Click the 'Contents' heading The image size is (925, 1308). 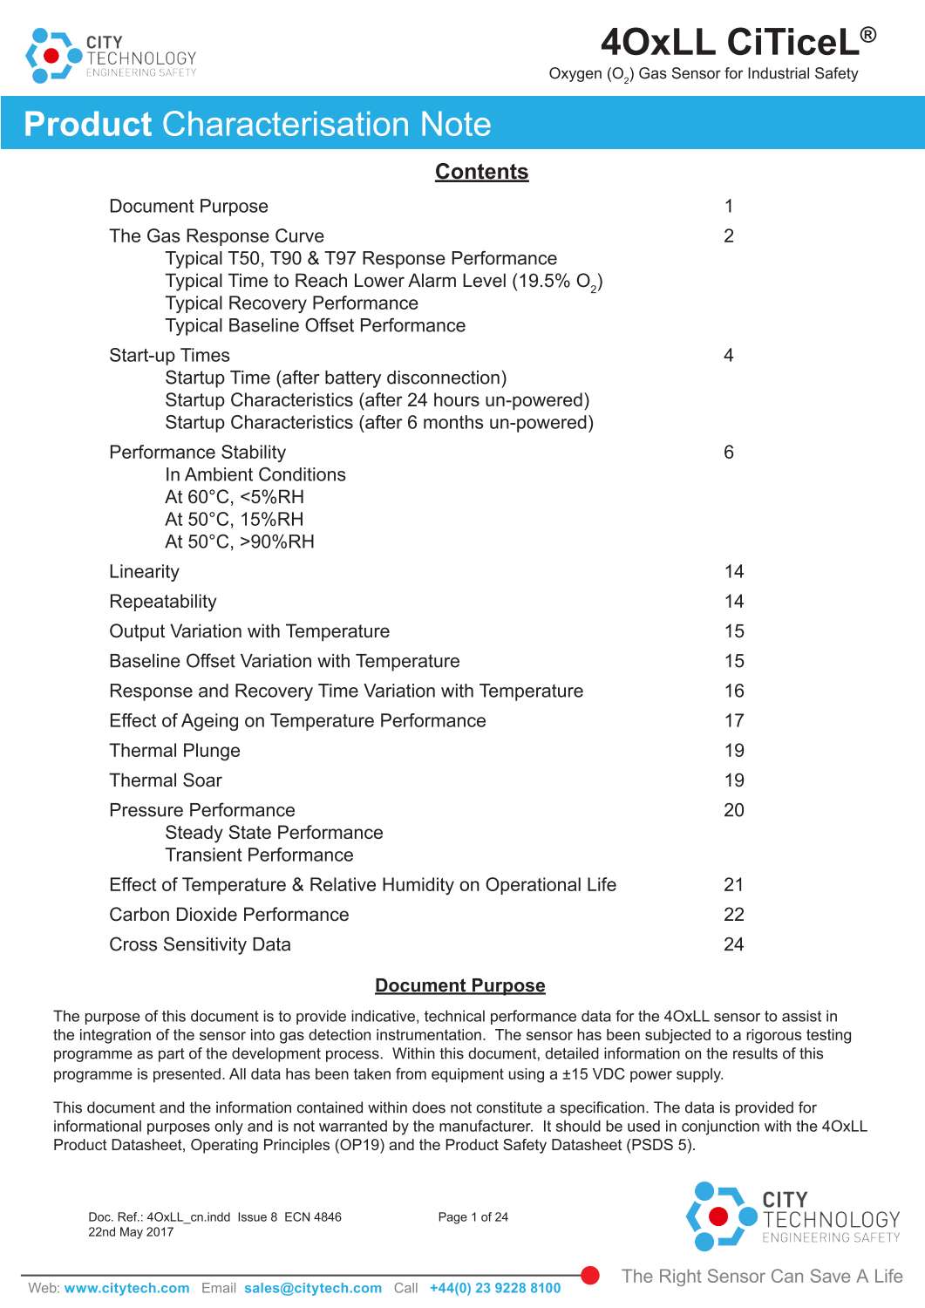481,172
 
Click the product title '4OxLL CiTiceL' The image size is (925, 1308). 729,42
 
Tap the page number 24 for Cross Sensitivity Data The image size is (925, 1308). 733,944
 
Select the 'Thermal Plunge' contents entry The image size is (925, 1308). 174,751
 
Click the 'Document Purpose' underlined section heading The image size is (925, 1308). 459,985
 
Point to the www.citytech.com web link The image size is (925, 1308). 126,1288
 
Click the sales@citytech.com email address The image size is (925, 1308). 312,1288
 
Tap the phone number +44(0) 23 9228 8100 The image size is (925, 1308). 494,1288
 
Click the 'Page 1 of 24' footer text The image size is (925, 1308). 473,1217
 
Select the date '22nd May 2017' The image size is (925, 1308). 131,1232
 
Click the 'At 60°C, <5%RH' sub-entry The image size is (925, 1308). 235,497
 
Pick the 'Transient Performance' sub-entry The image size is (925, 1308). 259,855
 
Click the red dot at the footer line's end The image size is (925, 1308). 590,1276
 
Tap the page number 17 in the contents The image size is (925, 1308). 733,721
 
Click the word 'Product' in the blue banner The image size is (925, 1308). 88,124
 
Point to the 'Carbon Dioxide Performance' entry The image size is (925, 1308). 228,915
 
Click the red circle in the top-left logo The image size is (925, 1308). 51,56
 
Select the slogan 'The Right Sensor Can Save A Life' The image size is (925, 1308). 762,1277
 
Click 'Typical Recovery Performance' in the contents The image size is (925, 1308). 291,303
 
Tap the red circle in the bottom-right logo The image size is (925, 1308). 718,1216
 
